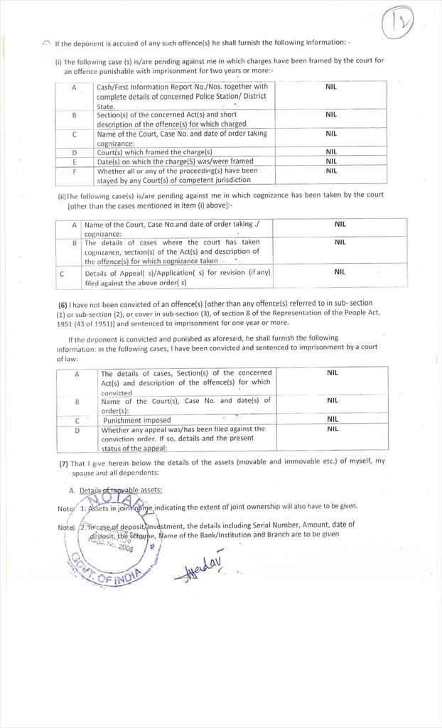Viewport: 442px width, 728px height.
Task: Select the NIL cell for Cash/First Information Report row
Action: [330, 87]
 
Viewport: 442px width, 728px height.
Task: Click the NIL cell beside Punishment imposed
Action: [332, 419]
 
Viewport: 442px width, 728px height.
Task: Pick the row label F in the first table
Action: [75, 171]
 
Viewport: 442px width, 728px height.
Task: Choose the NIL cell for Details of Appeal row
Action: [340, 272]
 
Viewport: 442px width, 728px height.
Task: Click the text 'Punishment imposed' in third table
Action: [137, 420]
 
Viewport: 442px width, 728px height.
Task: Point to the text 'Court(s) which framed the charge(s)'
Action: [155, 152]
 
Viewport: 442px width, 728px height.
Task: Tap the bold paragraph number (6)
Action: [63, 304]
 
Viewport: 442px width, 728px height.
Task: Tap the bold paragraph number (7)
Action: [63, 462]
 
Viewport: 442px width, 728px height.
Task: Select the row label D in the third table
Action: [77, 430]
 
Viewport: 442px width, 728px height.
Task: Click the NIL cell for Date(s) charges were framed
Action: [331, 161]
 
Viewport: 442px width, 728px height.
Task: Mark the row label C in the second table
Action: [63, 273]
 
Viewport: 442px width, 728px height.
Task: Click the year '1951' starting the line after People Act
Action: [66, 322]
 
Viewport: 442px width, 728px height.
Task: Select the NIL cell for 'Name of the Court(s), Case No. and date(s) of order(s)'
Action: [332, 400]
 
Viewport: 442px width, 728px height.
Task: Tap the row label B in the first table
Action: [75, 114]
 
